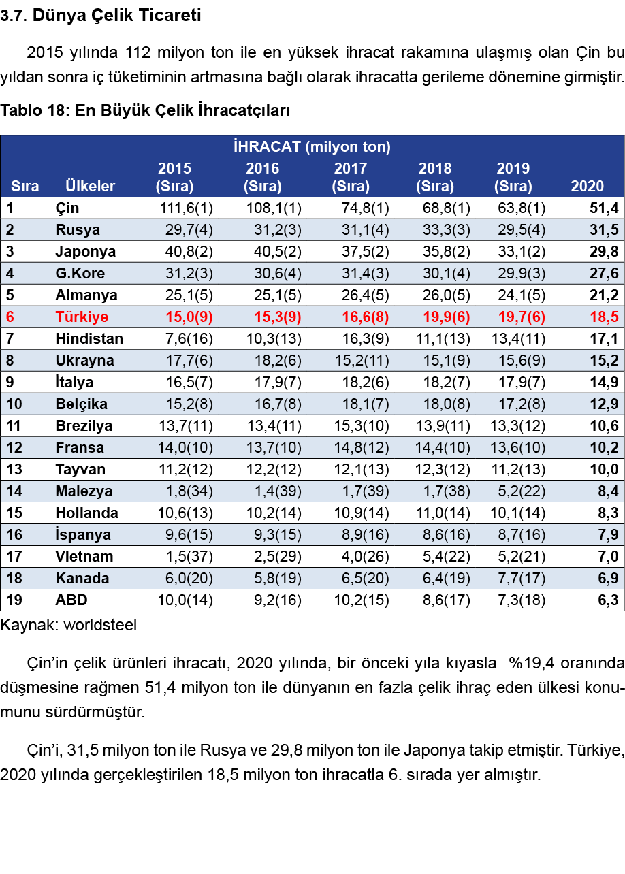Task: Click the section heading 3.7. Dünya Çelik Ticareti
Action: tap(101, 16)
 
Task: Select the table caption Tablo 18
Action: tap(145, 110)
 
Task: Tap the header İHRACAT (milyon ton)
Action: tap(312, 146)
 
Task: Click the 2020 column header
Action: tap(587, 186)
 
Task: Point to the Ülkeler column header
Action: tap(91, 186)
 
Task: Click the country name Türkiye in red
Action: tap(81, 317)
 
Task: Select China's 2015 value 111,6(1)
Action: tap(186, 208)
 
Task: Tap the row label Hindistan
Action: tap(89, 338)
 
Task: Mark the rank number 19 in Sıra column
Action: tap(14, 600)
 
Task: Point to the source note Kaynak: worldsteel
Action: tap(68, 625)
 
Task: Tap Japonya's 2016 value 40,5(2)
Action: tap(273, 251)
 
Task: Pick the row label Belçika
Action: tap(81, 404)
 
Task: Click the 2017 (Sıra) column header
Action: tap(351, 177)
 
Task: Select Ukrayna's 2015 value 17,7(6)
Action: tap(189, 360)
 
